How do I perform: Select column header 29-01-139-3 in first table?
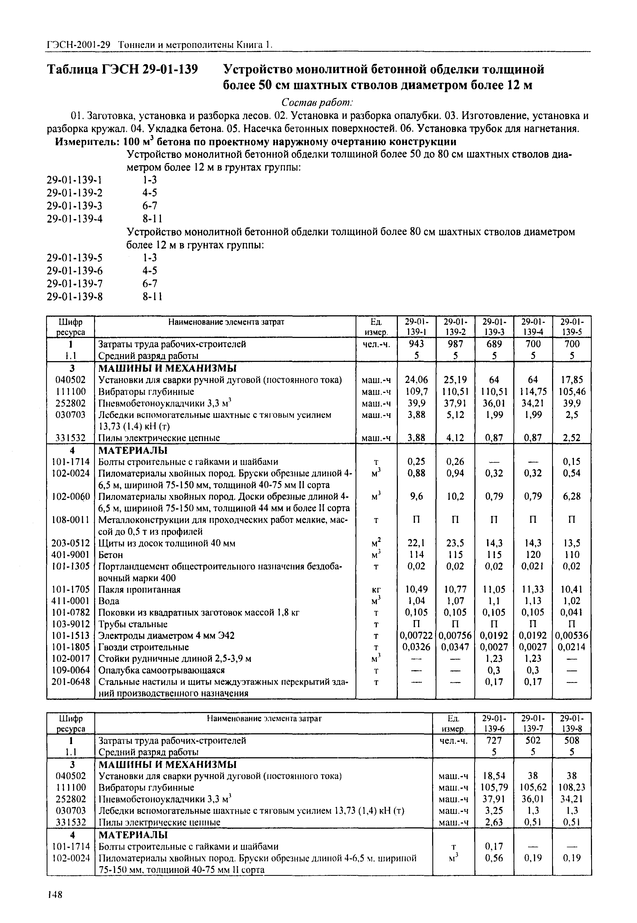click(494, 326)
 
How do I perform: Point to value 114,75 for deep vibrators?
click(533, 391)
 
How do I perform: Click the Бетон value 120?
click(533, 555)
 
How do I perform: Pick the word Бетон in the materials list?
click(111, 555)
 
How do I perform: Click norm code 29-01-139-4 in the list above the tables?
click(75, 219)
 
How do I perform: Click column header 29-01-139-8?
click(571, 723)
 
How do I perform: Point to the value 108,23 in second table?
click(571, 787)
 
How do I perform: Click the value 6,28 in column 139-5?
click(571, 496)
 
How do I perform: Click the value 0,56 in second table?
click(494, 858)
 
